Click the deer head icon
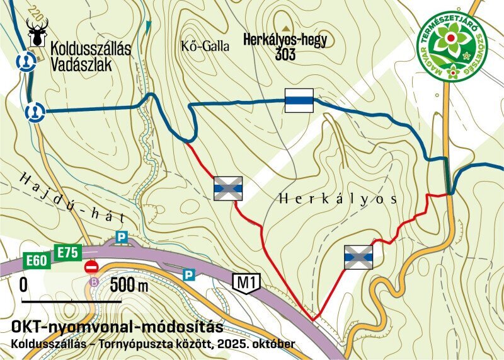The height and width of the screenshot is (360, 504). [37, 32]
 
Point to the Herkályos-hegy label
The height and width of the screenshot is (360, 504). [285, 40]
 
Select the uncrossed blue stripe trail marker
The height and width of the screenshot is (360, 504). [299, 100]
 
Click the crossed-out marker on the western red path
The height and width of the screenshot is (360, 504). [228, 189]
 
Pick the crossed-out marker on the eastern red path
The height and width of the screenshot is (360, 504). [358, 257]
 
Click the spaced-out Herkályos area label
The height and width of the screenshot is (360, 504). [337, 199]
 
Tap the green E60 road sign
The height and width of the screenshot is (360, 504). [37, 260]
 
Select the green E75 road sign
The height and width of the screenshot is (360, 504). [67, 252]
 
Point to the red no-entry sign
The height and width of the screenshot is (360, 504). [91, 267]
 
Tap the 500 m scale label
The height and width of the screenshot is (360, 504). [129, 285]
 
